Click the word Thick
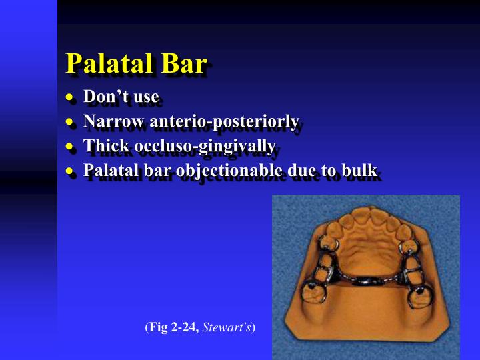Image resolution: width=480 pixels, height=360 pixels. click(x=103, y=146)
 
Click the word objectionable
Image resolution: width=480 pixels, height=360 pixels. click(x=228, y=171)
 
